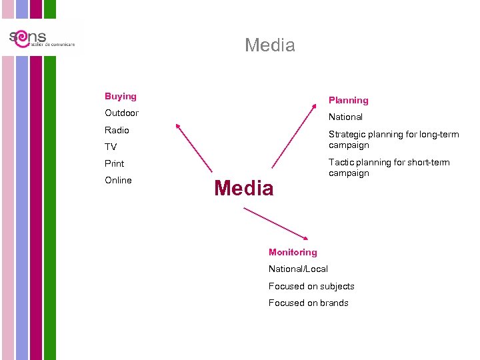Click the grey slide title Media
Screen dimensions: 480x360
(x=269, y=45)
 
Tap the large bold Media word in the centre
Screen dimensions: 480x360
(x=243, y=189)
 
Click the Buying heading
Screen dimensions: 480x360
(x=120, y=97)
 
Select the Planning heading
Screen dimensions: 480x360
(x=348, y=101)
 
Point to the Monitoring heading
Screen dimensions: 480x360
(x=293, y=252)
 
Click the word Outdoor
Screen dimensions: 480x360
(x=121, y=113)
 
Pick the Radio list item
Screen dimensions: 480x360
(x=117, y=130)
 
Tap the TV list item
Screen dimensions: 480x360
(x=111, y=147)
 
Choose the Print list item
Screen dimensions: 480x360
(x=114, y=163)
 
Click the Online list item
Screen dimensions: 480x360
(x=118, y=180)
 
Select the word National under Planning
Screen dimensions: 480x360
(x=345, y=117)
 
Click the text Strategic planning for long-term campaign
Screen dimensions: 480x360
(x=393, y=139)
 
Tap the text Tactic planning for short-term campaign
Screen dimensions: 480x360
(x=389, y=167)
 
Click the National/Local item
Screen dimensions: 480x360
(x=298, y=269)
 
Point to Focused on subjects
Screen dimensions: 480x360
(x=311, y=286)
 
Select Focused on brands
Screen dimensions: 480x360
(x=308, y=303)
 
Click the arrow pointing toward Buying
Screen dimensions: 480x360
(x=193, y=147)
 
